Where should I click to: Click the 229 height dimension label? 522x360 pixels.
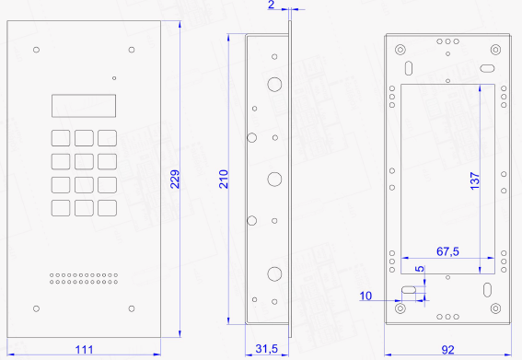point(175,180)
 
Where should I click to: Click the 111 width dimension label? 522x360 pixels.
point(84,350)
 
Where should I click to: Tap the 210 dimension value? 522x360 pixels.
point(224,180)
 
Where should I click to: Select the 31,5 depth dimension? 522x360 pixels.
point(267,349)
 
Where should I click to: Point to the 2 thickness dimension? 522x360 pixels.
point(272,5)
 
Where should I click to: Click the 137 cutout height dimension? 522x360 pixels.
point(475,181)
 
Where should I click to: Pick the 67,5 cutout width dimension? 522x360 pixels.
point(447,251)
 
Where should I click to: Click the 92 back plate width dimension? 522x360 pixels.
point(447,350)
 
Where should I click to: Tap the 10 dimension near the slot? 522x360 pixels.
point(365,296)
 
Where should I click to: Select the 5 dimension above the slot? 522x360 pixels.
point(420,269)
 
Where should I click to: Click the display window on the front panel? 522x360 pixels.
point(84,106)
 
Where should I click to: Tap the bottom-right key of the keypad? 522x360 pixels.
point(107,208)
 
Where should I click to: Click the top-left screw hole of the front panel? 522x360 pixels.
point(36,50)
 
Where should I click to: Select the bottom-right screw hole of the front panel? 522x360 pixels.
point(132,308)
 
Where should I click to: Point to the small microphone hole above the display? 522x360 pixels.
point(114,78)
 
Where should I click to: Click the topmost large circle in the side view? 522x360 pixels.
point(274,85)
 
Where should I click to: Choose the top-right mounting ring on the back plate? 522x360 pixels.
point(495,50)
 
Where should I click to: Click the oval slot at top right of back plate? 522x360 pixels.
point(487,68)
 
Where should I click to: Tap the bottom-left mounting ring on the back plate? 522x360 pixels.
point(400,308)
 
